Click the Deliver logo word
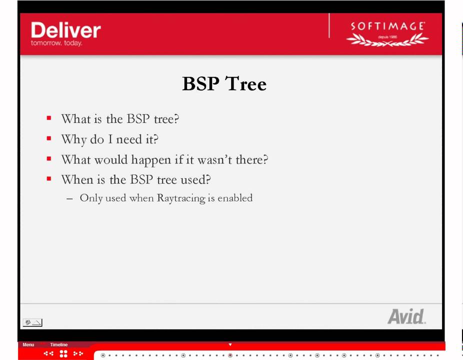click(x=65, y=30)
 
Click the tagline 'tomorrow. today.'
click(x=56, y=43)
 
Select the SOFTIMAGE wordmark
click(x=387, y=26)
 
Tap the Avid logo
click(x=406, y=316)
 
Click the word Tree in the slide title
click(x=245, y=83)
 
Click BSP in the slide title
click(x=200, y=83)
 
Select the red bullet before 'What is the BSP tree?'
click(x=49, y=118)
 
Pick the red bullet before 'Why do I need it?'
click(x=49, y=138)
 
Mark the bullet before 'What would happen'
click(x=49, y=159)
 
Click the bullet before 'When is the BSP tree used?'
click(x=49, y=178)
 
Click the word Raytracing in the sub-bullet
click(x=181, y=198)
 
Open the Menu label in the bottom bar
click(x=28, y=344)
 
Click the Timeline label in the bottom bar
click(x=58, y=344)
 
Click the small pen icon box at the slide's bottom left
click(x=32, y=322)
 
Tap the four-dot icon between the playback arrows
click(x=63, y=353)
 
